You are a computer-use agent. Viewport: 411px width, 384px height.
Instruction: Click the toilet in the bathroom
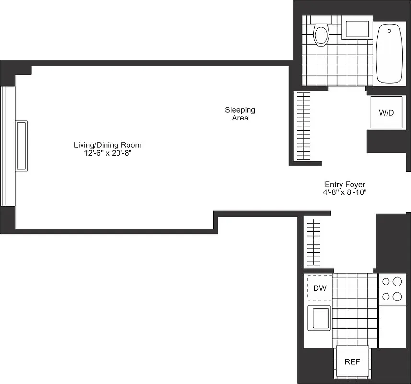pos(321,35)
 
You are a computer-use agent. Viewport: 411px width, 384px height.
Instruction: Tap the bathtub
pos(389,54)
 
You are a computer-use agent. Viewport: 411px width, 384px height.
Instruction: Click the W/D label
pos(386,113)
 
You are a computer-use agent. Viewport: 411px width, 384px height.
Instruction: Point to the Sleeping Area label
pos(240,114)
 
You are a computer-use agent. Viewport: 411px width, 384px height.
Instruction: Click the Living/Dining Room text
pos(107,145)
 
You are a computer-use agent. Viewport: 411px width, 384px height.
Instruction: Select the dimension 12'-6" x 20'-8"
pos(107,153)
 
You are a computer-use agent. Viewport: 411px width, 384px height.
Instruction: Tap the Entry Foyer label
pos(345,184)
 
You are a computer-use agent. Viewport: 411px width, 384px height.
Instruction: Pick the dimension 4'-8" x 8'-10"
pos(345,192)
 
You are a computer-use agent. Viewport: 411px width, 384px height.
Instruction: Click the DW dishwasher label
pos(319,288)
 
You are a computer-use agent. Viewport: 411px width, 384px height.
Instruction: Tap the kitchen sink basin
pos(319,317)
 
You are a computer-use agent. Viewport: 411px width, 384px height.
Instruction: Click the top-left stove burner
pos(387,283)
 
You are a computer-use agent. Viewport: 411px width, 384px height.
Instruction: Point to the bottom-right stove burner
pos(397,297)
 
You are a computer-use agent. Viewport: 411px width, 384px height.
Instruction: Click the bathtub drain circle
pos(389,31)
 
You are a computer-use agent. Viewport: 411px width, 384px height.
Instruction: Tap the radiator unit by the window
pos(22,146)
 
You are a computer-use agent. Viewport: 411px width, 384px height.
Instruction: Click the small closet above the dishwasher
pos(314,242)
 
